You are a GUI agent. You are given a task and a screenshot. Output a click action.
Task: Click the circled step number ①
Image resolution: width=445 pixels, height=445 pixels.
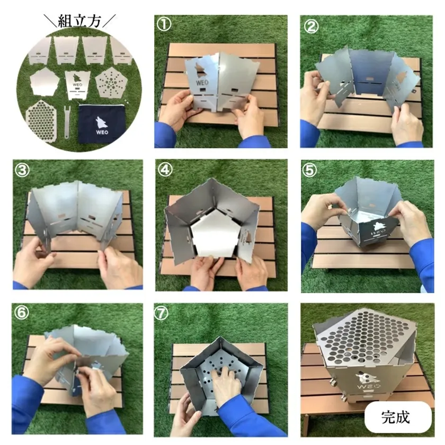point(164,24)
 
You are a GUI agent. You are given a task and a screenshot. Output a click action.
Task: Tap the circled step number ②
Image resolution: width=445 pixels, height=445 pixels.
point(311,26)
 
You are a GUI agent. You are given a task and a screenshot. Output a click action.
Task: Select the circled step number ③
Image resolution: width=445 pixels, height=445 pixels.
point(22,170)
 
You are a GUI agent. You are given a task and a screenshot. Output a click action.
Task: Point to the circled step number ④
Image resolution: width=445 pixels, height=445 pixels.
point(165,170)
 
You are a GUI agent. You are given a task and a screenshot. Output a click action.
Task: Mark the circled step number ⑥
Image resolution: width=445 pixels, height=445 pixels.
point(22,313)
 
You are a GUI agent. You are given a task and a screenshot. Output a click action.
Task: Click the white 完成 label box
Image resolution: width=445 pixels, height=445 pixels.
point(398,417)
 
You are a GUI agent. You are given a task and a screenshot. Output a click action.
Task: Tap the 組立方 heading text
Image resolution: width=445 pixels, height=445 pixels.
point(79,21)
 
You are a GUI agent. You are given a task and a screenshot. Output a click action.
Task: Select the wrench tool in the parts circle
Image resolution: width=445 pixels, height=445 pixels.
point(67,122)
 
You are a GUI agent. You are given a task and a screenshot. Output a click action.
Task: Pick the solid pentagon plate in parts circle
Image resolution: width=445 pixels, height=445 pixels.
point(44,82)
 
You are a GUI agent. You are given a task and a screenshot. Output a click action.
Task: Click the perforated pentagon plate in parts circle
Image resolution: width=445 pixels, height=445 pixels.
point(110,82)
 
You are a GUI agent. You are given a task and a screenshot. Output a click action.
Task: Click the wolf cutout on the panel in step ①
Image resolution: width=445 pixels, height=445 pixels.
point(201,70)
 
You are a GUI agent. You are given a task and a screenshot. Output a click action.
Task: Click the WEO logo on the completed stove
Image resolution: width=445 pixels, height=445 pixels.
point(367,381)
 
